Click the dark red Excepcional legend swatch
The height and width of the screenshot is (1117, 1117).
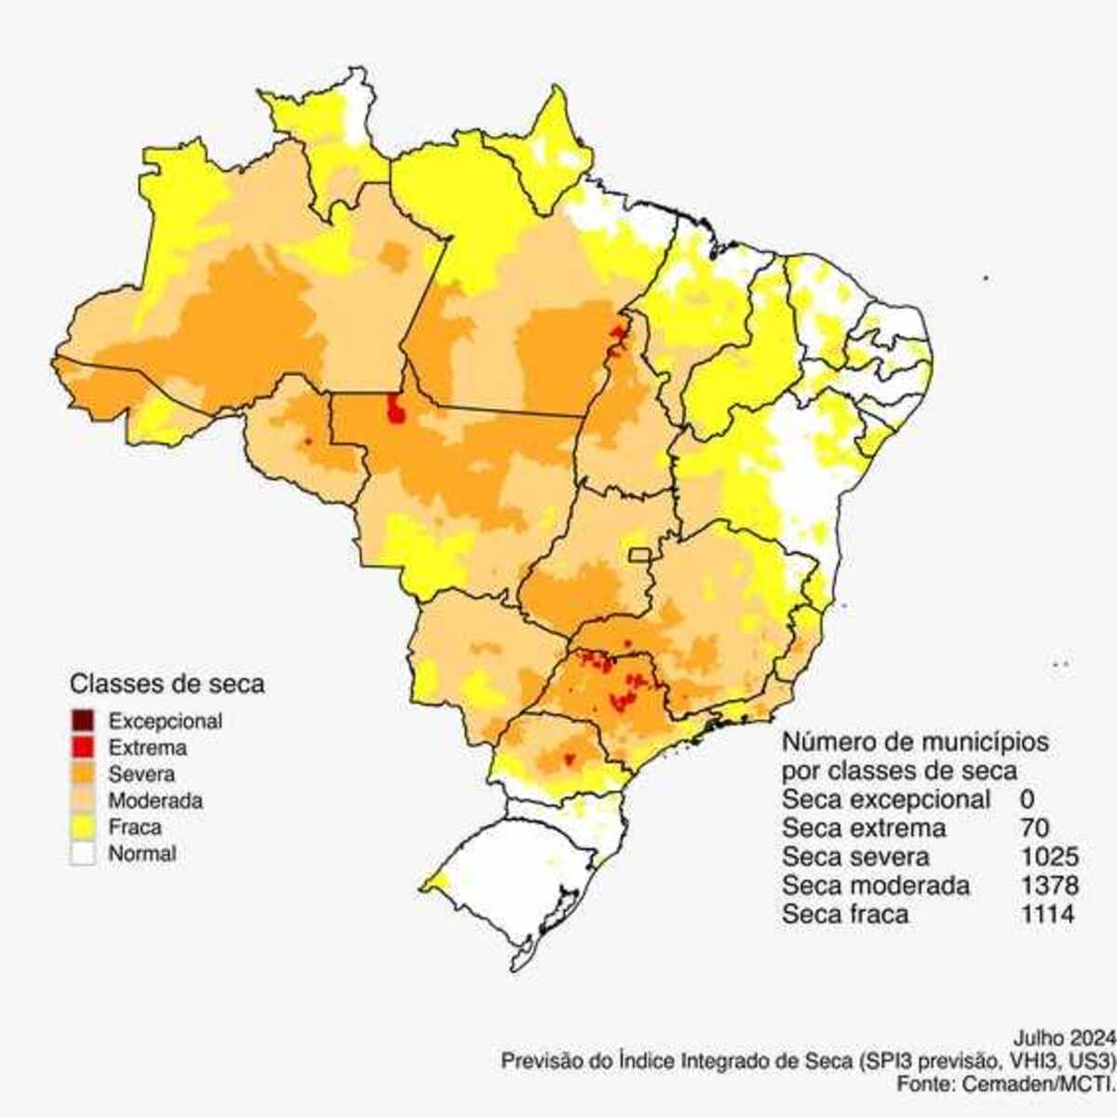click(x=82, y=720)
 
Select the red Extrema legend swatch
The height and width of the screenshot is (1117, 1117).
click(x=82, y=747)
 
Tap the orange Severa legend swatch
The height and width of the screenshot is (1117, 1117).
click(x=82, y=774)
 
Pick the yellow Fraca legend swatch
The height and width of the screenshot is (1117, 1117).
click(x=82, y=827)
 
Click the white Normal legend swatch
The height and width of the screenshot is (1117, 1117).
click(x=82, y=854)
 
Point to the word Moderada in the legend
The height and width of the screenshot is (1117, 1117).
click(x=155, y=801)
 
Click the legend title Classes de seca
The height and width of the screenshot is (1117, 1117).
click(x=168, y=683)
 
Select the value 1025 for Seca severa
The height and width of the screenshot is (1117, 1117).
click(x=1049, y=856)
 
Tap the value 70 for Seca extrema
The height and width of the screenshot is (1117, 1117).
click(x=1034, y=828)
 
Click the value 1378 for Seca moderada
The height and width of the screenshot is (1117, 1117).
click(x=1049, y=885)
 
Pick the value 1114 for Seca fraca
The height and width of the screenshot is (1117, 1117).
click(x=1047, y=914)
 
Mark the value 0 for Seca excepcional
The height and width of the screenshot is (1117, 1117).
click(x=1027, y=799)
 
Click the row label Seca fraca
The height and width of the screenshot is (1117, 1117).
click(x=845, y=914)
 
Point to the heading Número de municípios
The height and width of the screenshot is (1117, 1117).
click(x=915, y=742)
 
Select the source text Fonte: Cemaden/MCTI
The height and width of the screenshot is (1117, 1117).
click(x=1005, y=1083)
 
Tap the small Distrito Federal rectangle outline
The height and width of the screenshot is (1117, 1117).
click(x=639, y=555)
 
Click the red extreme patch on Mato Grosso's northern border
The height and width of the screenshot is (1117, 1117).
click(x=396, y=408)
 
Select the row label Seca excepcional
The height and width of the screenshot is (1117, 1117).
click(x=886, y=799)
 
